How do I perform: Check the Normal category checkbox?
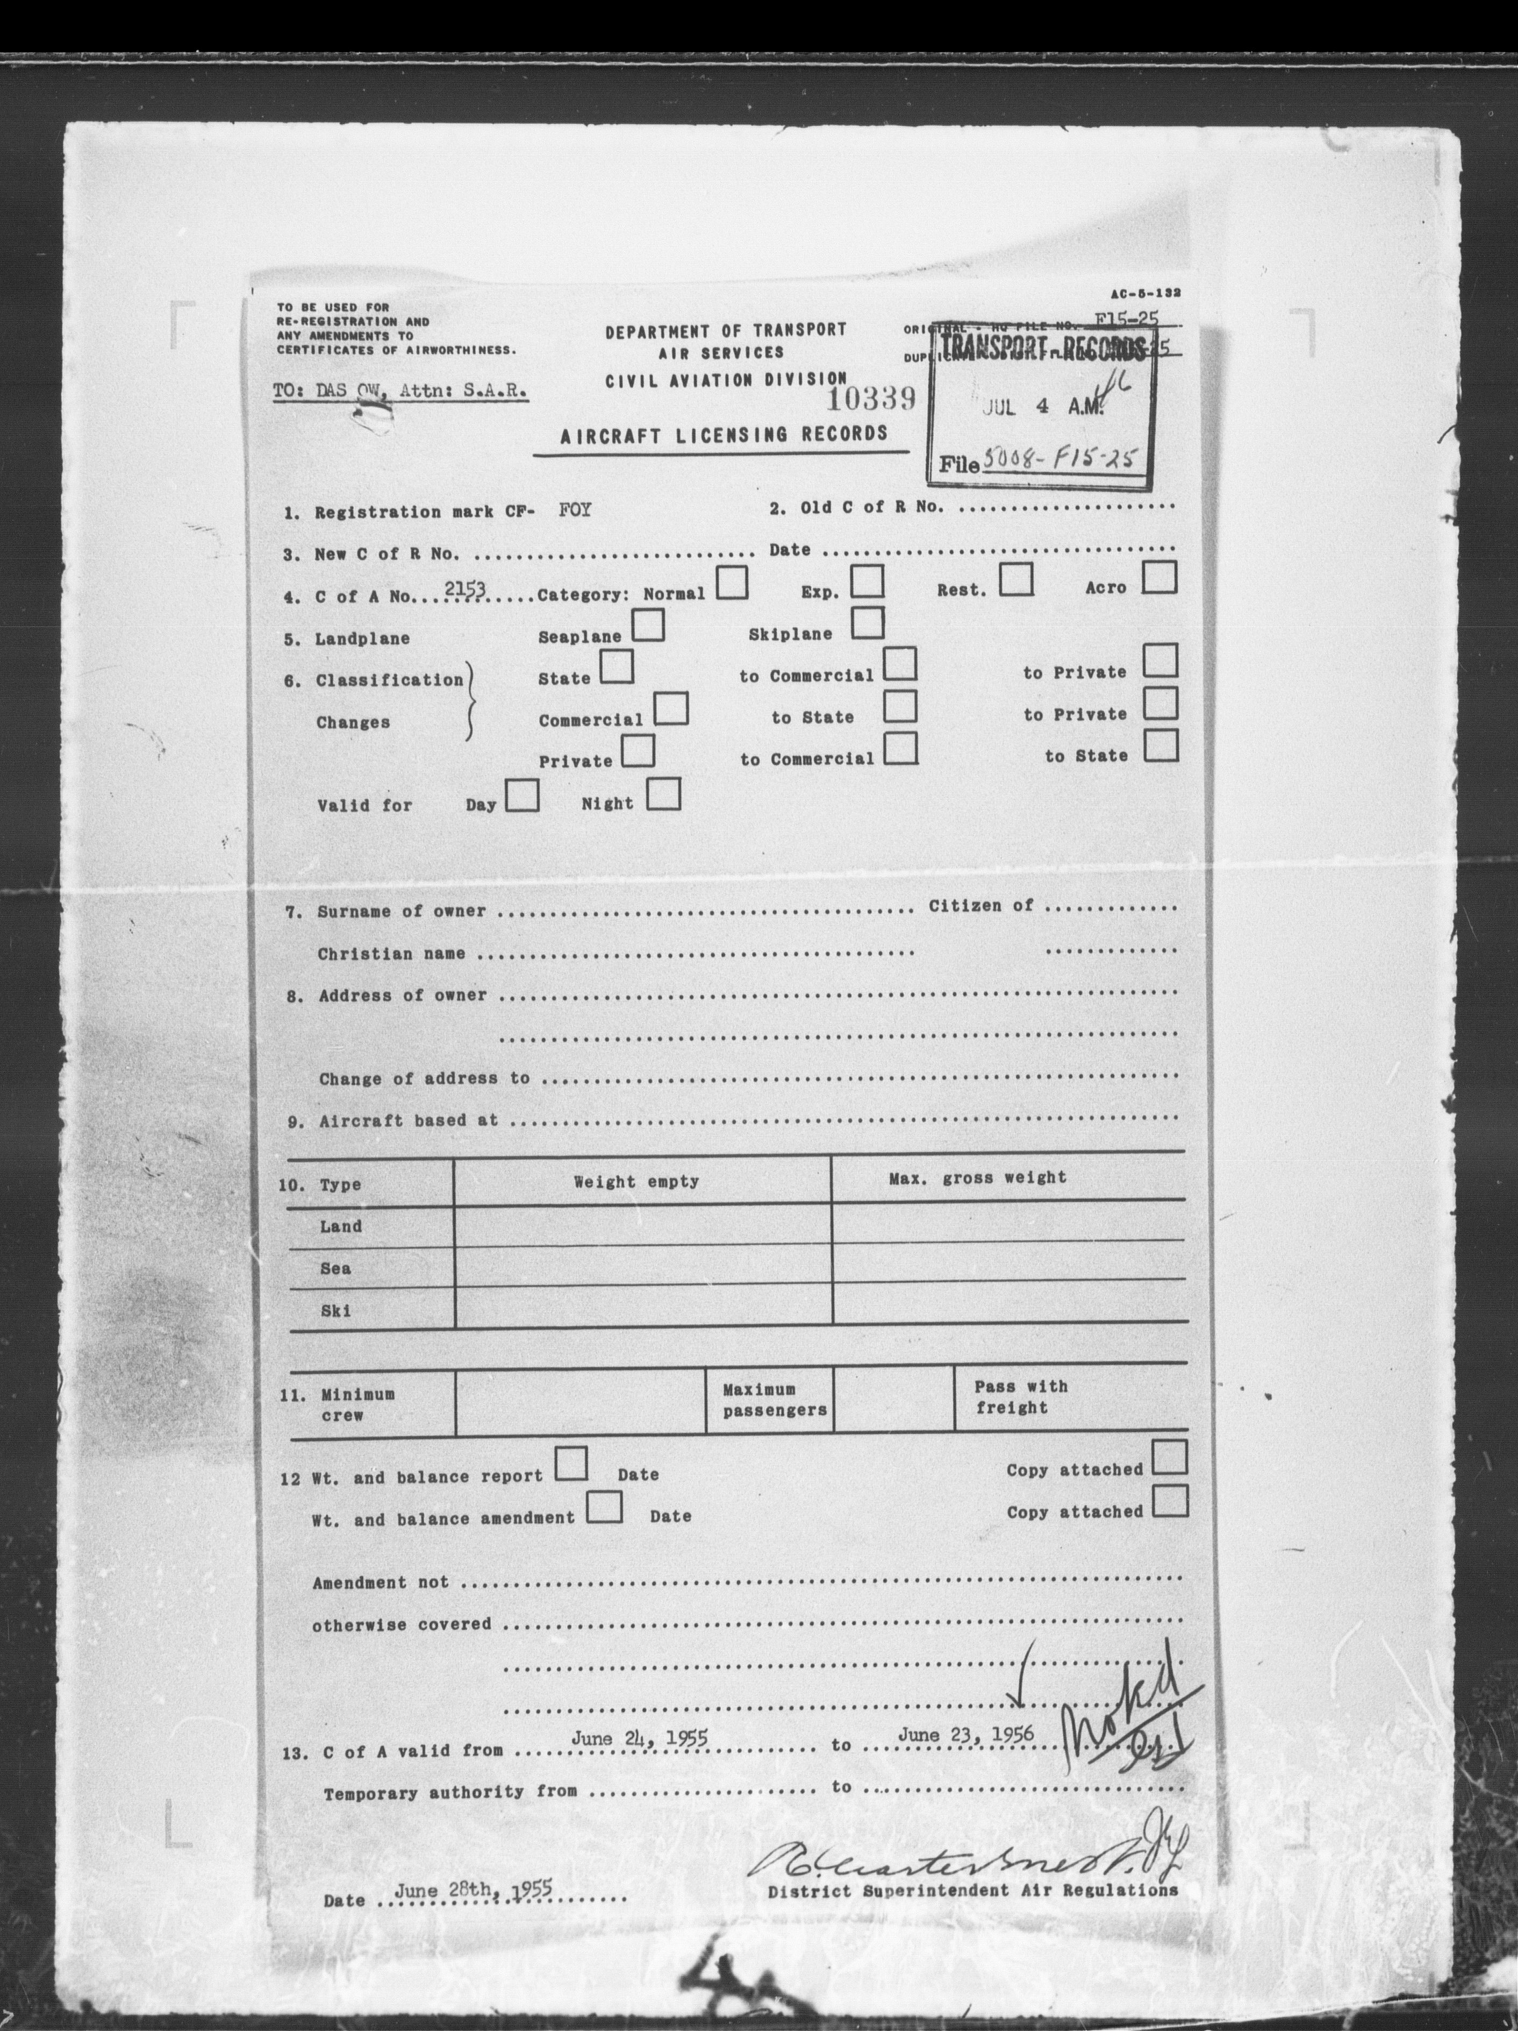point(732,584)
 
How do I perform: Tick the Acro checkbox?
point(1160,578)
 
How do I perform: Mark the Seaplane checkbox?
point(648,626)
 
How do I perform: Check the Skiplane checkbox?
point(867,623)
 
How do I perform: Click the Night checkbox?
point(663,794)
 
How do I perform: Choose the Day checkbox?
point(522,796)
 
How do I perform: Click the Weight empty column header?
point(636,1182)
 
